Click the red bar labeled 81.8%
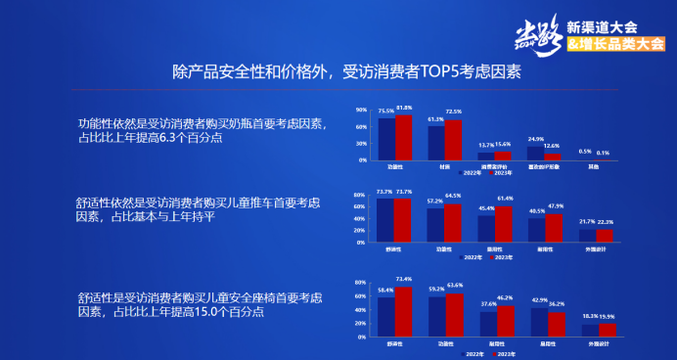403,137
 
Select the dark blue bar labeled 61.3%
435,143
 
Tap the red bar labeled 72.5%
453,140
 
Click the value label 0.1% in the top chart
603,153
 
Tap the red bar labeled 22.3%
606,235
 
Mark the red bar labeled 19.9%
607,331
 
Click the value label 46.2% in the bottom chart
505,296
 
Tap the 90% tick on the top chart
361,110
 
